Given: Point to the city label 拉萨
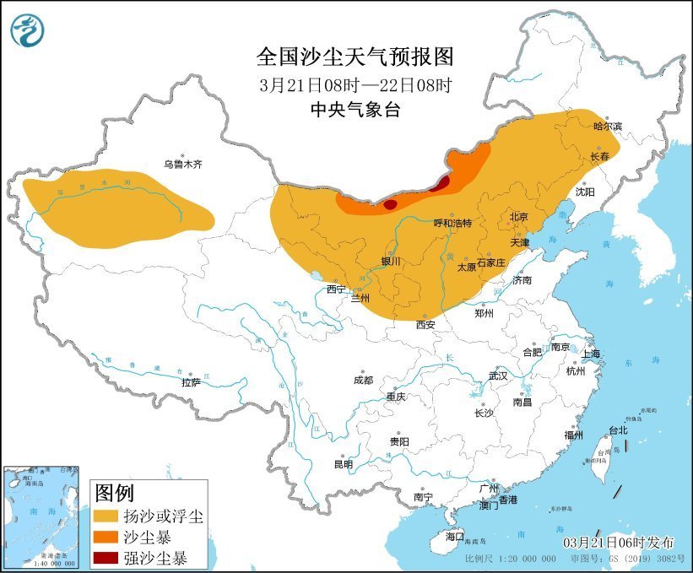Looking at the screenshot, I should [191, 382].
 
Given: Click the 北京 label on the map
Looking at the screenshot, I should [518, 217].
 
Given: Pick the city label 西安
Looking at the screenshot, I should [425, 324].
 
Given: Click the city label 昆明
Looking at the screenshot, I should [343, 464].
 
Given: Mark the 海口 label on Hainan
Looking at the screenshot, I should [454, 536].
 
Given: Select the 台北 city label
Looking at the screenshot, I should [618, 430].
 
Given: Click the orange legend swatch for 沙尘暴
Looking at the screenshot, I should [106, 537].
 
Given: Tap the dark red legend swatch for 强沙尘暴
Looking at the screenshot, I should [106, 558].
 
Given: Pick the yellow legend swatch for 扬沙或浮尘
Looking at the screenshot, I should [106, 516].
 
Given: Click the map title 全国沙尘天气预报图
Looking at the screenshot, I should [355, 57].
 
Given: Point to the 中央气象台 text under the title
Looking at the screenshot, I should [355, 110].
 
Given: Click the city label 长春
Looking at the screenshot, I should [600, 157].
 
